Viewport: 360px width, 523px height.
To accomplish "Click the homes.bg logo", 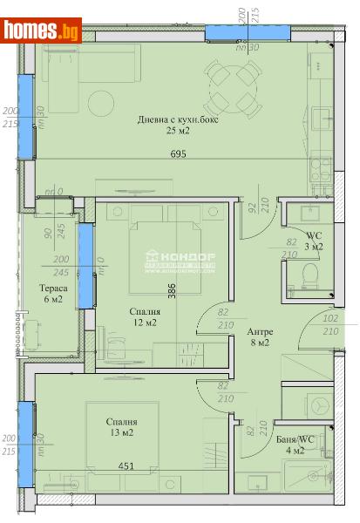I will [x=42, y=30].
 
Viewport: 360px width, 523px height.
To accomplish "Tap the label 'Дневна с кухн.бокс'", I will [x=180, y=120].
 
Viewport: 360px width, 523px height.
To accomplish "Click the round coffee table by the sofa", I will [x=98, y=103].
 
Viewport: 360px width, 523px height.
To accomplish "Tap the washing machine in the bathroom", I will [x=316, y=405].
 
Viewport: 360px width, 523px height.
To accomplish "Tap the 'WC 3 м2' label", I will [x=313, y=241].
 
